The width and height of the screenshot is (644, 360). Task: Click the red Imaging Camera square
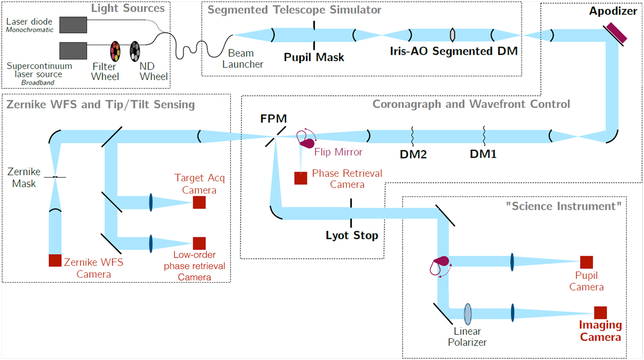[600, 312]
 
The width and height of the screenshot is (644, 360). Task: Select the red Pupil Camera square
[586, 262]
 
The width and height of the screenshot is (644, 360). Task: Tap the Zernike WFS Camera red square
[55, 260]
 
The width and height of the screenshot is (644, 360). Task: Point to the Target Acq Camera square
[200, 202]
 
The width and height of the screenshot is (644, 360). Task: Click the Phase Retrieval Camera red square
[301, 178]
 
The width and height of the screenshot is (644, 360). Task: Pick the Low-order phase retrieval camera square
[200, 243]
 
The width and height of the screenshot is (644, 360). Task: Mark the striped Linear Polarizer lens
[469, 312]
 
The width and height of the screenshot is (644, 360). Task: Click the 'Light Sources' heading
[127, 8]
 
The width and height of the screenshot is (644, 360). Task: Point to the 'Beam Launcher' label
[245, 58]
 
